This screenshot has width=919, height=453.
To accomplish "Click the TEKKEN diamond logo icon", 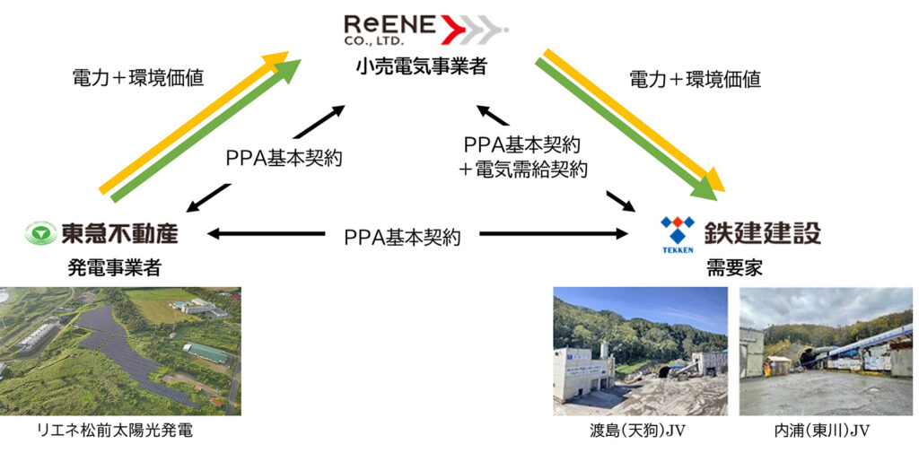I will tap(678, 231).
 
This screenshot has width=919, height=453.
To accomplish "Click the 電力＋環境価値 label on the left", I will tap(138, 78).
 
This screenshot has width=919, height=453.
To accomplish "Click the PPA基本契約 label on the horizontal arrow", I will tap(402, 238).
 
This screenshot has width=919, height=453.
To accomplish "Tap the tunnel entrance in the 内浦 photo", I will tap(808, 357).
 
